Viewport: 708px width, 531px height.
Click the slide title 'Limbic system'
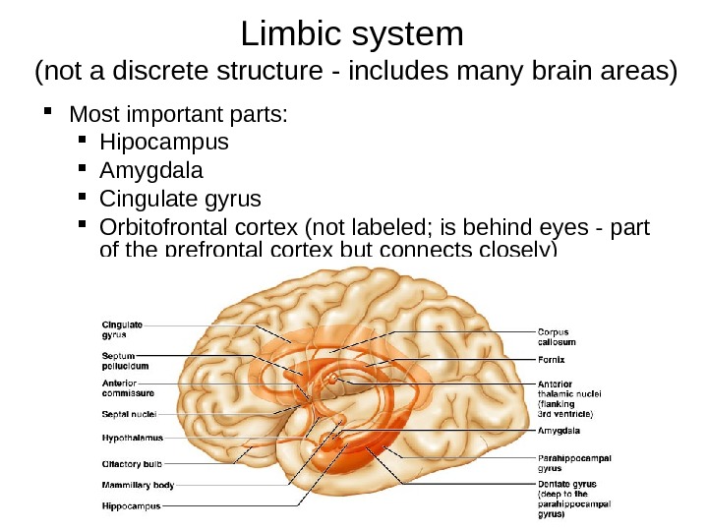(352, 34)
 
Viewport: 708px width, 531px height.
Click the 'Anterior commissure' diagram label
(128, 388)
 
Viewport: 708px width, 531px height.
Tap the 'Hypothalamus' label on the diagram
(133, 438)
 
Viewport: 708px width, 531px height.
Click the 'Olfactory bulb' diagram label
(133, 462)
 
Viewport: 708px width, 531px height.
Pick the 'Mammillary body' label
(138, 485)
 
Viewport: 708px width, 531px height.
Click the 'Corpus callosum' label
(558, 337)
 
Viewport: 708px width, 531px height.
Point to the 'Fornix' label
(551, 360)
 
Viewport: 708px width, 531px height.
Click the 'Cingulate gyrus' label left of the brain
(123, 327)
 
